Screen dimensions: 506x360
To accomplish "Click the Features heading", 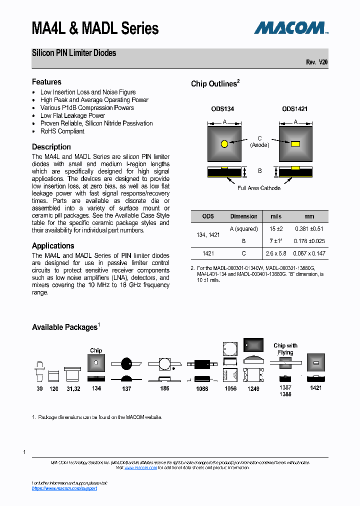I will coord(46,82).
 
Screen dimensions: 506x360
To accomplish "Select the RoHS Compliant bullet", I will coord(62,131).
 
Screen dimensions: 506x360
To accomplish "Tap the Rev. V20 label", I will coord(317,62).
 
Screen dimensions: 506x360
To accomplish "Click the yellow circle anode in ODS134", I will coord(224,144).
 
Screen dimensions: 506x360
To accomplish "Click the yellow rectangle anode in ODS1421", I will coord(295,144).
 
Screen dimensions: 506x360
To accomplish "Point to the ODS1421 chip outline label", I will coord(294,108).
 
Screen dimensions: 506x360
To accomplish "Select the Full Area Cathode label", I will coord(259,188).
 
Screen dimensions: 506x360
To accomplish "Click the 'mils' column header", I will coord(275,216).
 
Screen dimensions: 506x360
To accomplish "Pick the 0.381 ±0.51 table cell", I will coord(309,229).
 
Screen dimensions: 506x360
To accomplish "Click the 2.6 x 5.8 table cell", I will coord(275,253).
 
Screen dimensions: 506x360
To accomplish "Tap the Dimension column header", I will coord(243,216).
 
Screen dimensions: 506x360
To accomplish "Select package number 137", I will coord(126,388).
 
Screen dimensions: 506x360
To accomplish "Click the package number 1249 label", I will coord(253,388).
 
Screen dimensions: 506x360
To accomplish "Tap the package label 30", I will coord(39,388).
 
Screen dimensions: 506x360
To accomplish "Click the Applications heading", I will coord(53,246).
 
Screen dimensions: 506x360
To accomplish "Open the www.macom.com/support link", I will coord(64,488).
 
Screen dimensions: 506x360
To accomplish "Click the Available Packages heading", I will coord(64,327).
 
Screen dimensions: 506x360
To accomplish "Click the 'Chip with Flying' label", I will coord(285,348).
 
